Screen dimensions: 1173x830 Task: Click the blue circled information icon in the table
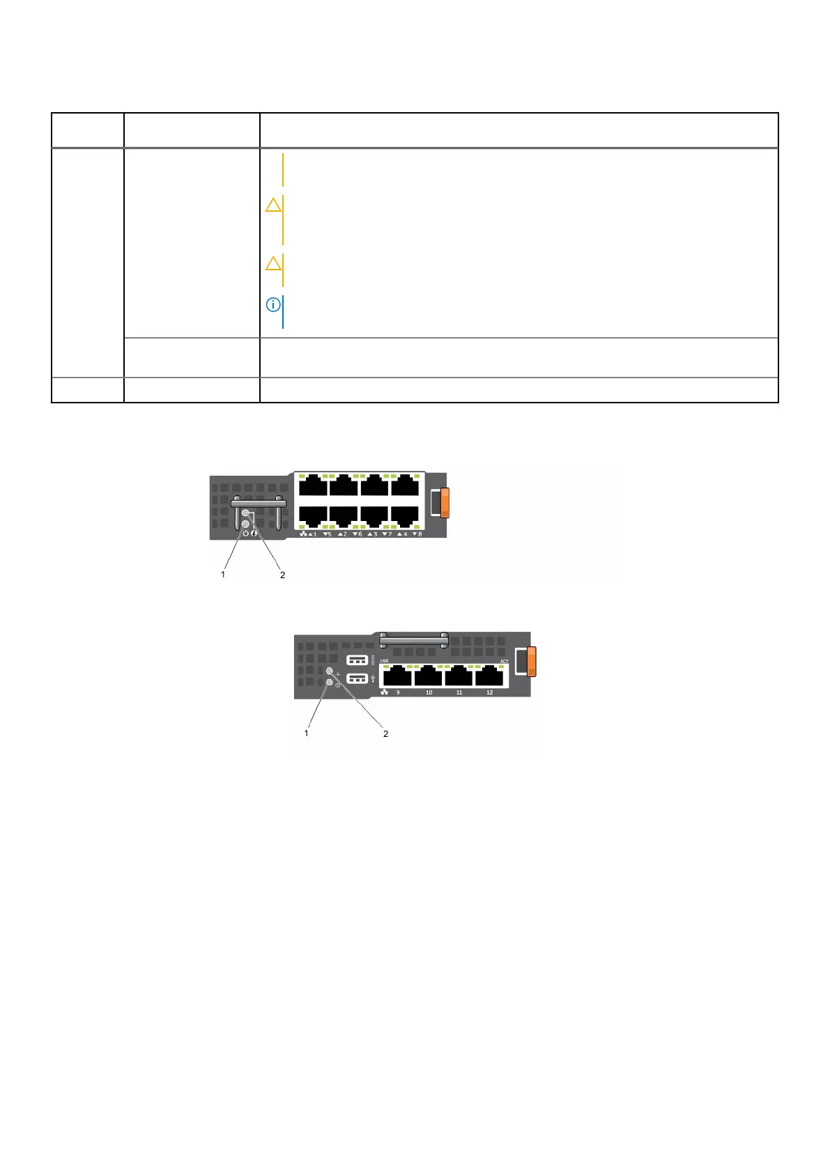click(x=273, y=305)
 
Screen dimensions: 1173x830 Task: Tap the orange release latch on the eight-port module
click(x=445, y=502)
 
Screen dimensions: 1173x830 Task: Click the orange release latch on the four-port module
click(x=531, y=661)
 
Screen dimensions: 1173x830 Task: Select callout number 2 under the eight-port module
click(x=282, y=575)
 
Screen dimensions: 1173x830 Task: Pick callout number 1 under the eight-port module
click(x=223, y=575)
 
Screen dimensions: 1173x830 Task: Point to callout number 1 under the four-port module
click(x=306, y=733)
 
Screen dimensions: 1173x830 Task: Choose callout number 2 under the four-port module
click(x=385, y=733)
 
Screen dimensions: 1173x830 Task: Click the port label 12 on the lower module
click(x=490, y=692)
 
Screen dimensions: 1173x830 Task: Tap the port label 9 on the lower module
click(x=399, y=692)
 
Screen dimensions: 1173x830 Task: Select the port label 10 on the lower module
click(x=429, y=692)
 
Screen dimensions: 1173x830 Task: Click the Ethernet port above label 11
click(x=460, y=676)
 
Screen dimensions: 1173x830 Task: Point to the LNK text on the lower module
click(x=385, y=660)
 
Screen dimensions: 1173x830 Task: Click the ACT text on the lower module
click(x=504, y=661)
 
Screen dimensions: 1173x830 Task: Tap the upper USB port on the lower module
click(x=357, y=660)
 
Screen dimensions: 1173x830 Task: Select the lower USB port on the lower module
click(x=357, y=678)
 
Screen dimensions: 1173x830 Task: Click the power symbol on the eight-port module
click(x=245, y=534)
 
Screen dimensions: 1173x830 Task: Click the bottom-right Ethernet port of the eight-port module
click(x=405, y=516)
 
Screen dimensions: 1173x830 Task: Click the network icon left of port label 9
click(x=385, y=692)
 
